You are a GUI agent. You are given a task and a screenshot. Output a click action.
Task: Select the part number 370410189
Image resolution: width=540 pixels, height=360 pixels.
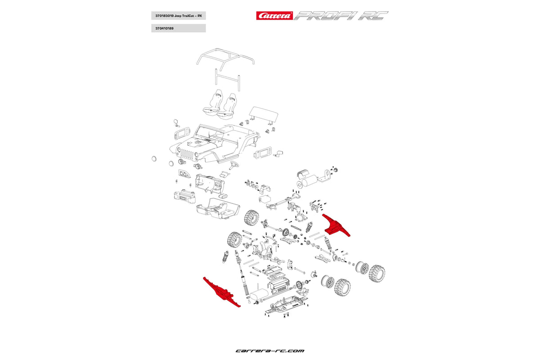click(x=165, y=28)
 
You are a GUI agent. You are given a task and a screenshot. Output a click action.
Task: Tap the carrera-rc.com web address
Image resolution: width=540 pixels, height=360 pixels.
click(x=270, y=351)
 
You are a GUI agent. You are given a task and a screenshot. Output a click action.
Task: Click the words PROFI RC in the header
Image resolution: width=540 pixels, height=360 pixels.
click(x=340, y=16)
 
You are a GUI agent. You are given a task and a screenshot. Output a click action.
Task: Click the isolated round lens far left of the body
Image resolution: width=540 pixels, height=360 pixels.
click(x=154, y=158)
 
